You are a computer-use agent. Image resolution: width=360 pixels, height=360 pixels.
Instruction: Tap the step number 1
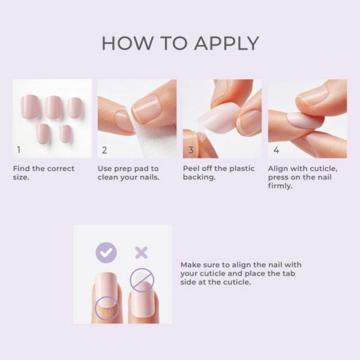(x=19, y=150)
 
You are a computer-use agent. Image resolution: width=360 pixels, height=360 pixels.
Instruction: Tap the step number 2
(x=104, y=150)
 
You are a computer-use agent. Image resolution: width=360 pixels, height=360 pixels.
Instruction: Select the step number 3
(x=190, y=150)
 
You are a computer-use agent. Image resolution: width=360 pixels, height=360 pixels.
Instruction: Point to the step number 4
(x=276, y=150)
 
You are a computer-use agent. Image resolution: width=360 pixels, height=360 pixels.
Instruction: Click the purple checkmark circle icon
(x=106, y=253)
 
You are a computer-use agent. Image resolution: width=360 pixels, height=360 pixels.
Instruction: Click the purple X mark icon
(x=141, y=253)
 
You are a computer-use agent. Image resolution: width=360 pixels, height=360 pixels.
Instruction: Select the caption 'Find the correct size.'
(x=44, y=173)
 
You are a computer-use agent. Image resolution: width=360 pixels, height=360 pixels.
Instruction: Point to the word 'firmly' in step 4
(x=280, y=187)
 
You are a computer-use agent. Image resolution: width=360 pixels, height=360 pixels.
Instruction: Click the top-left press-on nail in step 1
(x=30, y=106)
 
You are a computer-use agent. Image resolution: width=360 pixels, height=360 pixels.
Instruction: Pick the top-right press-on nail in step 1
(x=74, y=107)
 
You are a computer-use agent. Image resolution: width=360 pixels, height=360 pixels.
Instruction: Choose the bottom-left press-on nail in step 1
(x=43, y=133)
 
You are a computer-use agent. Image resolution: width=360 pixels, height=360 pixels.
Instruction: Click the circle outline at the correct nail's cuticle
(x=107, y=307)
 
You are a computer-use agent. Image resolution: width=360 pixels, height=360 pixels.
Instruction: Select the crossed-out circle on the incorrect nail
(x=142, y=280)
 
